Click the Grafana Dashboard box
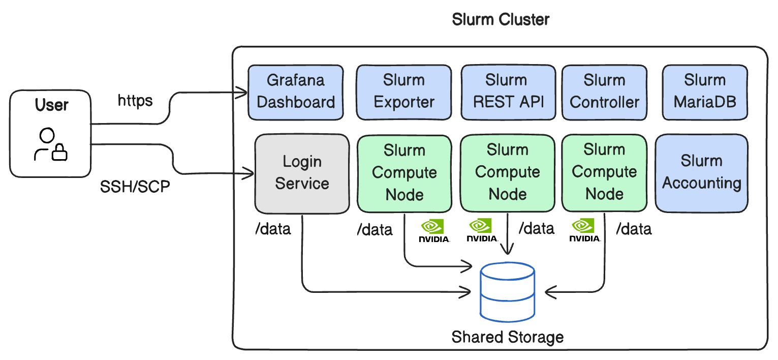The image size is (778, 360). point(295,92)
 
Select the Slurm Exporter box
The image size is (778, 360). point(403,92)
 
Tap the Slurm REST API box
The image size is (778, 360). point(508,92)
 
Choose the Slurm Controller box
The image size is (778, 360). point(604,92)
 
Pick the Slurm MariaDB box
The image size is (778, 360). point(705,92)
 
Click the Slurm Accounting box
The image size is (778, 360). point(701,173)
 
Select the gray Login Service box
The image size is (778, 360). point(302,173)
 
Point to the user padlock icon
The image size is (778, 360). point(60,152)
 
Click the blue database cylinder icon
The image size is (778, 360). point(508,292)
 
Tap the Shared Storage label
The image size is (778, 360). point(508,337)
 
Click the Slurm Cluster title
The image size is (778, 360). point(501,20)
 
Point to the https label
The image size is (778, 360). point(135,100)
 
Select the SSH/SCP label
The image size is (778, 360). point(135,187)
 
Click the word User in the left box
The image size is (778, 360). point(51,105)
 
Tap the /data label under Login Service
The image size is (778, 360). point(273,229)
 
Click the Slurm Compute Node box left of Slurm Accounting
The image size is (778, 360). point(604,173)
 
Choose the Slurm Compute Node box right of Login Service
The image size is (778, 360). point(404,173)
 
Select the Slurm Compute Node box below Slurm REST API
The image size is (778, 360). point(507,173)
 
